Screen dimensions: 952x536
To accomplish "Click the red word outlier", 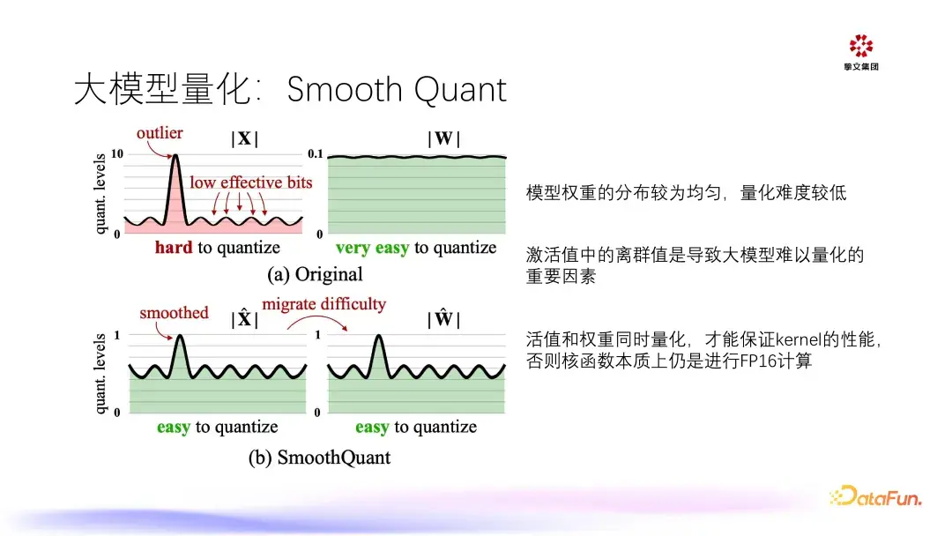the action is [x=159, y=133].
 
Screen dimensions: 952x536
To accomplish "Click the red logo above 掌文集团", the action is [x=861, y=46].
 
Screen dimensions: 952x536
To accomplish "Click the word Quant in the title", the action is [x=460, y=91].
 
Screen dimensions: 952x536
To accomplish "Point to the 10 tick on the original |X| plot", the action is [x=117, y=153].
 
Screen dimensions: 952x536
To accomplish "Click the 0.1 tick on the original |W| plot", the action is [x=315, y=153].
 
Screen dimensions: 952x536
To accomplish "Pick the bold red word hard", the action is [x=174, y=247].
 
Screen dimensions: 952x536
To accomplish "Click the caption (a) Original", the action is [x=315, y=274].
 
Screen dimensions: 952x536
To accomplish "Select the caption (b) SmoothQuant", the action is [x=319, y=457].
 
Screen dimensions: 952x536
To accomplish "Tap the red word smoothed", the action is [x=174, y=313].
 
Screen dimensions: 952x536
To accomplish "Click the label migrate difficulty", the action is [x=324, y=303].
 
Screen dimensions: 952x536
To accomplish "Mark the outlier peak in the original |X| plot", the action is [x=175, y=155].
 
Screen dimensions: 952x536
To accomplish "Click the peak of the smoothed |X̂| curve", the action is [x=180, y=336].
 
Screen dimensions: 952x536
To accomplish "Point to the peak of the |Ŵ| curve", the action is [x=378, y=336].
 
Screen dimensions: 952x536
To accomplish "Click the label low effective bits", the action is [x=250, y=182].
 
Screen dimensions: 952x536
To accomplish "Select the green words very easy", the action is [x=372, y=248].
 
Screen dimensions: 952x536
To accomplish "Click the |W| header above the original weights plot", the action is [x=443, y=138].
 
